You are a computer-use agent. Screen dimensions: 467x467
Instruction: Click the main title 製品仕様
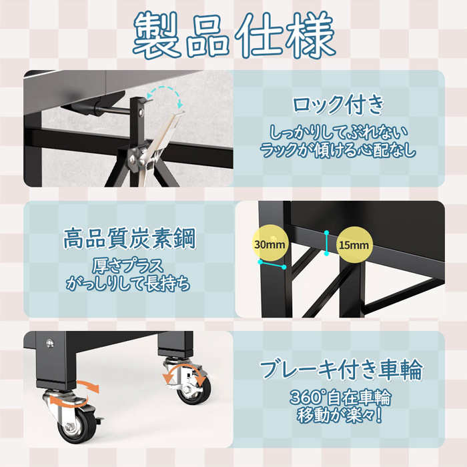(234, 35)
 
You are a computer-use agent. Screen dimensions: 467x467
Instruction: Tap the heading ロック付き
(338, 105)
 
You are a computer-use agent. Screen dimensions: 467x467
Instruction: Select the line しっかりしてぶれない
(338, 132)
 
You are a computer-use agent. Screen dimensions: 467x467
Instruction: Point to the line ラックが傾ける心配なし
(338, 149)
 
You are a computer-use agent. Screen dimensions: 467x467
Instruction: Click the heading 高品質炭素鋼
(129, 238)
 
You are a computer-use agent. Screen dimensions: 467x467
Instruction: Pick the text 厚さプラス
(128, 266)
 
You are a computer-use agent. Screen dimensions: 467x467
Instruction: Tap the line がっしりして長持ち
(128, 284)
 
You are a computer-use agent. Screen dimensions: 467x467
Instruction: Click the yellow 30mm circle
(270, 244)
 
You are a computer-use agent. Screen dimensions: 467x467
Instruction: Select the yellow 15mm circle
(354, 245)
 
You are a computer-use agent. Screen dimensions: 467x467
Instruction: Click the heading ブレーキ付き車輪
(341, 370)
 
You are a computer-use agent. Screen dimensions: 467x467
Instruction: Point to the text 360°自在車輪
(340, 398)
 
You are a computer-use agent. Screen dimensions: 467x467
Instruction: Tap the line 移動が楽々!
(340, 415)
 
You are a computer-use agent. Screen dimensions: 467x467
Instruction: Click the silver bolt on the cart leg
(50, 343)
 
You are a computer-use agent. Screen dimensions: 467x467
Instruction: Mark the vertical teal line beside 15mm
(327, 243)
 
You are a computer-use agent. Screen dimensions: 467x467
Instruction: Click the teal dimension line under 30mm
(272, 264)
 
